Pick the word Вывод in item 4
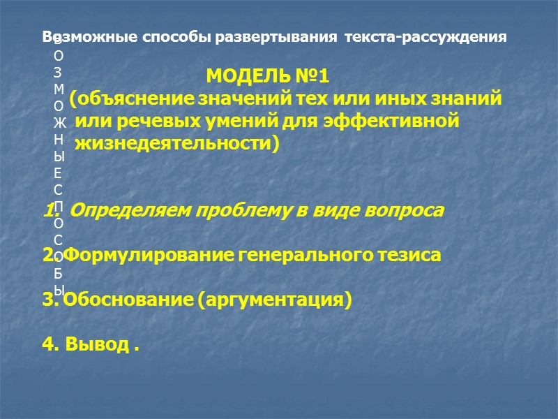(x=97, y=346)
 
